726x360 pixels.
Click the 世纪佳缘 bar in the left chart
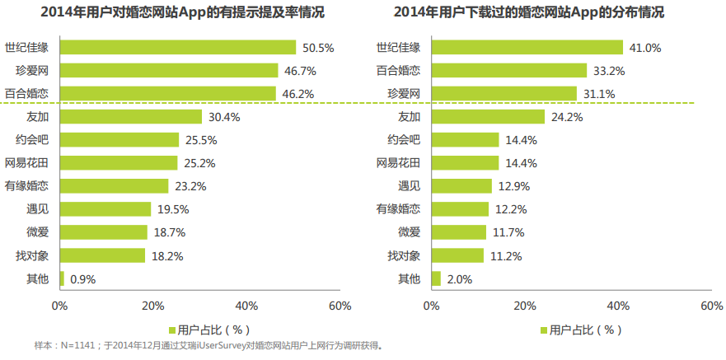(177, 48)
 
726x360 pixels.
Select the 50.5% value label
(318, 48)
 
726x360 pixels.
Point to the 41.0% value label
(645, 48)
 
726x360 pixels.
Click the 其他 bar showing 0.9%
(62, 278)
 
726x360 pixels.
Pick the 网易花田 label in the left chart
(28, 163)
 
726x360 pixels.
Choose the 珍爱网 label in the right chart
(404, 94)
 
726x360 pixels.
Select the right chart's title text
(541, 13)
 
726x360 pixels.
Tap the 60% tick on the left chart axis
(340, 306)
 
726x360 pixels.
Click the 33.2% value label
(608, 71)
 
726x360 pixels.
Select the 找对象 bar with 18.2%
(102, 255)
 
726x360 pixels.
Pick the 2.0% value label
(459, 278)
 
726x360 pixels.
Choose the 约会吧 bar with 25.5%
(119, 140)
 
